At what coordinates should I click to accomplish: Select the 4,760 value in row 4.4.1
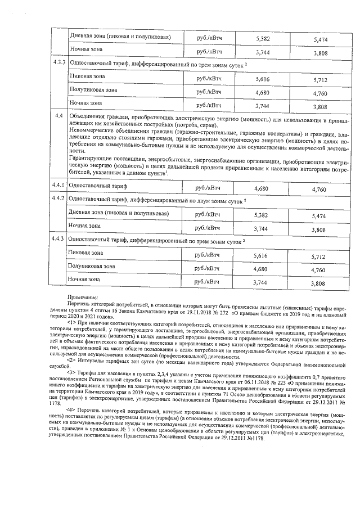(x=318, y=190)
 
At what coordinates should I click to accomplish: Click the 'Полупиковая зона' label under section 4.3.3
(x=93, y=89)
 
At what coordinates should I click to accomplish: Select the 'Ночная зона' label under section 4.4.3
(x=85, y=279)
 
